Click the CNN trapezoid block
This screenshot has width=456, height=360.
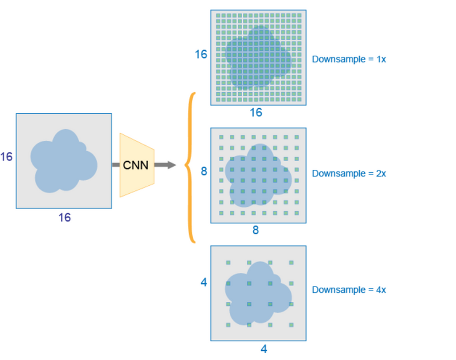(x=137, y=165)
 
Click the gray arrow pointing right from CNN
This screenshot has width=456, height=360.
(x=166, y=165)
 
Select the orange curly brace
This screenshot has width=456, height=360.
(x=192, y=167)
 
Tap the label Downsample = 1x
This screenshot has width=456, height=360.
(x=349, y=59)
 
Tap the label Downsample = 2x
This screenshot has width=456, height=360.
(x=349, y=173)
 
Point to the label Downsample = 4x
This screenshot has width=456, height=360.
(x=349, y=289)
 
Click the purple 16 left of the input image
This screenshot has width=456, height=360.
(x=6, y=157)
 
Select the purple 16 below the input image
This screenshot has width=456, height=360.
(x=64, y=217)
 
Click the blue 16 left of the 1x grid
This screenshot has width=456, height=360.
(x=201, y=54)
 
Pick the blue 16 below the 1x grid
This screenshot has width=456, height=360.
(x=256, y=113)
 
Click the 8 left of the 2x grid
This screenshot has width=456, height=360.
(x=204, y=170)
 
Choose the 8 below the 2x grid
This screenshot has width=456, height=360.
(x=256, y=230)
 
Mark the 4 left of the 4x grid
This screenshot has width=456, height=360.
(x=204, y=282)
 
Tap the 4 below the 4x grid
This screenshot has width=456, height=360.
(x=263, y=349)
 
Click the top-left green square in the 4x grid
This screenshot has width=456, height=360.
(x=228, y=263)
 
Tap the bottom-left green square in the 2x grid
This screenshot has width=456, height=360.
(x=221, y=214)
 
